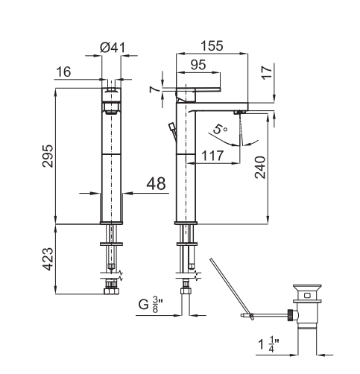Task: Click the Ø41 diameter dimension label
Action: tap(113, 48)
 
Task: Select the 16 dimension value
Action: tap(63, 72)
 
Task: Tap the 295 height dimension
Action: tap(48, 156)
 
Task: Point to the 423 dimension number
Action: tap(48, 259)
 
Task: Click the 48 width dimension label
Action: tap(156, 183)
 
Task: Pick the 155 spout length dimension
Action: tap(212, 45)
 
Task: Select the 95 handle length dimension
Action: tap(198, 65)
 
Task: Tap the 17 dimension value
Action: tap(267, 72)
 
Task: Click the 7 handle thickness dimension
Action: tap(154, 89)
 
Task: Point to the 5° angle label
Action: tap(220, 130)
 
